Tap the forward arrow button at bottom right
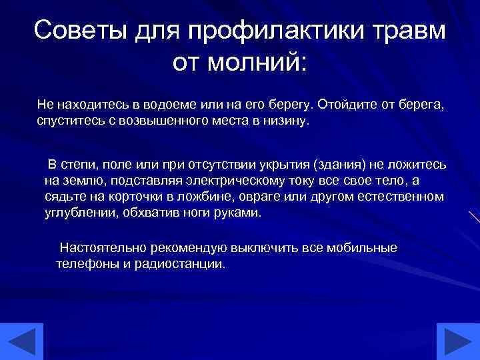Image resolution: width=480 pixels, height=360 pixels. tap(458, 341)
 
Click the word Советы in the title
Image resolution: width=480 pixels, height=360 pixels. tap(82, 31)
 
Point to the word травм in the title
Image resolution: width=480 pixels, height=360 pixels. tap(409, 31)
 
